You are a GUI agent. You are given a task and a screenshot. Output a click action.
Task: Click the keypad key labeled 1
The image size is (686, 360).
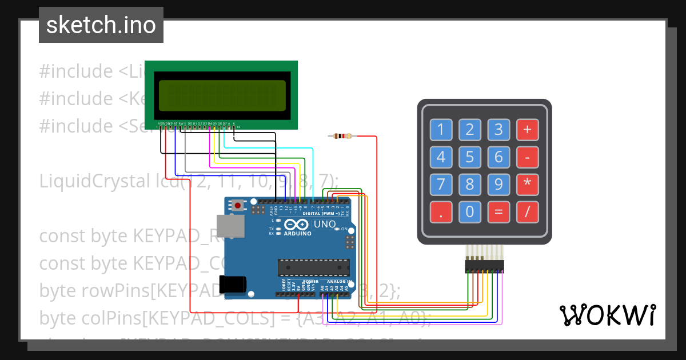pos(441,130)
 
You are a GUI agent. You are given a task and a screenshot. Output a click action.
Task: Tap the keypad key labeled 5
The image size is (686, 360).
pos(469,157)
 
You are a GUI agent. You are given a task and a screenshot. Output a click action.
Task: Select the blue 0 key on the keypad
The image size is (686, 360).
pos(469,212)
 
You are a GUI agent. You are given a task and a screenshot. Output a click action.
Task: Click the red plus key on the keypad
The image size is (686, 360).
pos(527,130)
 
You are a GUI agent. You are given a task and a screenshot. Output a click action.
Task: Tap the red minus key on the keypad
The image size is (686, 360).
pos(527,157)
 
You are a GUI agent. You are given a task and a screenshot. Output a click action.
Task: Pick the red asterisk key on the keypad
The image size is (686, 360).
pos(527,184)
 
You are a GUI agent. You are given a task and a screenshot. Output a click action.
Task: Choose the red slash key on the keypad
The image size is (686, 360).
pos(527,212)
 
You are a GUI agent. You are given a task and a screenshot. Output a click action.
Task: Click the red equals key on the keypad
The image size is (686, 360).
pos(498,212)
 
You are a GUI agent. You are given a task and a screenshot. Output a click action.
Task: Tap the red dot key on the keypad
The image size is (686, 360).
pos(441,212)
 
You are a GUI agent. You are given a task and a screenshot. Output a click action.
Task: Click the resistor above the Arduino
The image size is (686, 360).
pos(342,136)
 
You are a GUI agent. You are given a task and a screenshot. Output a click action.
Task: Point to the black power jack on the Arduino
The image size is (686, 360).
pos(233,284)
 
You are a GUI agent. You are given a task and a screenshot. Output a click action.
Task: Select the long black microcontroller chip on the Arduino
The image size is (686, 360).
pos(313,267)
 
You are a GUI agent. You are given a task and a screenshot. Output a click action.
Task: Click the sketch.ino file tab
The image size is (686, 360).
pos(101,25)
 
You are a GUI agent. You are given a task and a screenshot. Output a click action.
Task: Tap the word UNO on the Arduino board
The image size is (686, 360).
pos(325,224)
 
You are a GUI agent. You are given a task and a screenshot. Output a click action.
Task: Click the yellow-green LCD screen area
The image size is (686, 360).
pos(222,95)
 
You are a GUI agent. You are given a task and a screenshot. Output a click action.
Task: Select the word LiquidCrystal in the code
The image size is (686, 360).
pos(92,181)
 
